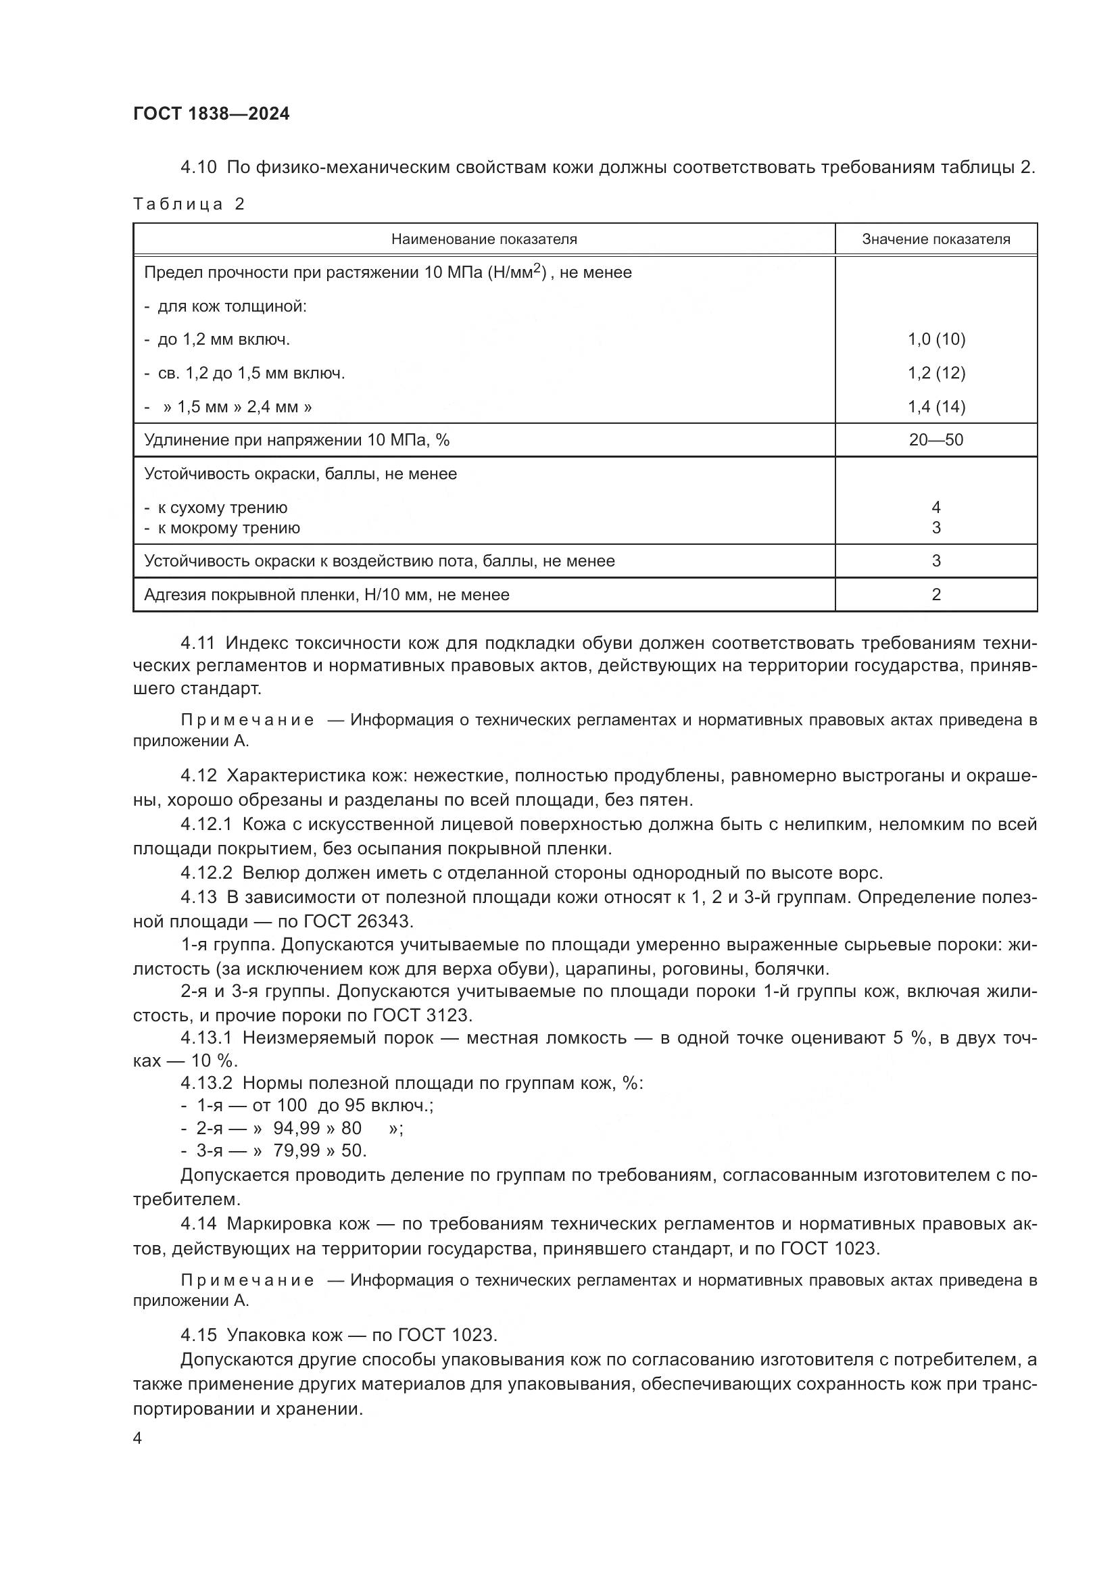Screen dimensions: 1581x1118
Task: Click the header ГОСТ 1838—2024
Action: click(212, 114)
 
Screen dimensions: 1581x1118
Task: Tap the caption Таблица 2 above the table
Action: click(189, 204)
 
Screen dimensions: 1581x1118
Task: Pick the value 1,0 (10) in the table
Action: click(935, 339)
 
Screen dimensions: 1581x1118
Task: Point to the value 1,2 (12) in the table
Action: click(935, 372)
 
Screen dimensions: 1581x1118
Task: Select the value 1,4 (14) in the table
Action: click(935, 406)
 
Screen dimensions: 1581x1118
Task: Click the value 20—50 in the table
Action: click(935, 439)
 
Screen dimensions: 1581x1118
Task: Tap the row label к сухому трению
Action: click(222, 508)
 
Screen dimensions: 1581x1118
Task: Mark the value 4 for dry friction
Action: click(935, 508)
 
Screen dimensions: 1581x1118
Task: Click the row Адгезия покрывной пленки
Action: click(326, 594)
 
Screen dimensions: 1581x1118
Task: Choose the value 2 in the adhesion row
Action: click(935, 594)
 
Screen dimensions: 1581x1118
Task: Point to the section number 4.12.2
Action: click(207, 873)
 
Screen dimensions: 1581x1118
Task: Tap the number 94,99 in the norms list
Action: click(297, 1128)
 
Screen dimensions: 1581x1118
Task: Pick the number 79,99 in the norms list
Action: click(297, 1150)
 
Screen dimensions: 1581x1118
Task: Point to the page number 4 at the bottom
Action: click(137, 1438)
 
